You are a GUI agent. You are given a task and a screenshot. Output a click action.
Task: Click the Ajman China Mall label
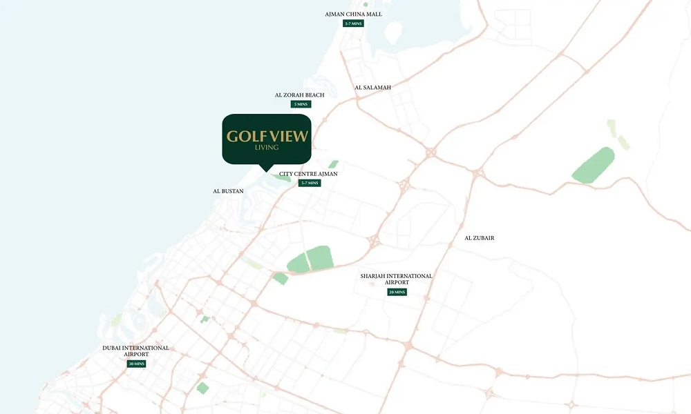[353, 14]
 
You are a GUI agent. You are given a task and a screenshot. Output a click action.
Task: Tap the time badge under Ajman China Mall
[353, 23]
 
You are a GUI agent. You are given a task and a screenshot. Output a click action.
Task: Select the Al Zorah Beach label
[299, 95]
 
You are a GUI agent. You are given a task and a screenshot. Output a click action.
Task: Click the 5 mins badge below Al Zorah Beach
[301, 104]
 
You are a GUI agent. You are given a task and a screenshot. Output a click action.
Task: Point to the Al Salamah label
[372, 88]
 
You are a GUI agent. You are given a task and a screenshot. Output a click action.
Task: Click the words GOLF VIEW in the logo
[267, 136]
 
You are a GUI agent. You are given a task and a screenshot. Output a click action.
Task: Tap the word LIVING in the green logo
[267, 148]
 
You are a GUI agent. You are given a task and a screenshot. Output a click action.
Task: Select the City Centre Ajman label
[308, 174]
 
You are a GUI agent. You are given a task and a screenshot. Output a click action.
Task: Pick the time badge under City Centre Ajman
[310, 183]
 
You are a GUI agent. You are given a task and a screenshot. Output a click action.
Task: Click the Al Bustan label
[228, 191]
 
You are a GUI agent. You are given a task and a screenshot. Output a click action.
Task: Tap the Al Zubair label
[479, 238]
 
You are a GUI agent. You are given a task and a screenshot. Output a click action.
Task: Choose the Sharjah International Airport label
[396, 279]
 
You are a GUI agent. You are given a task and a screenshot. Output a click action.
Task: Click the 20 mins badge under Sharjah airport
[397, 292]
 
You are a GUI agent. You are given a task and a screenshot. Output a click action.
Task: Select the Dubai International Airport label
[135, 351]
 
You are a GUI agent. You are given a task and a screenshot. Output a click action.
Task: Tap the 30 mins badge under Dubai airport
[136, 364]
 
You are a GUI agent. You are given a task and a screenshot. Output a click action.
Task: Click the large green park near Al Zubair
[594, 166]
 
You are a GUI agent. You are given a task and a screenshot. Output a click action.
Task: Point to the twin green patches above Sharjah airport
[310, 259]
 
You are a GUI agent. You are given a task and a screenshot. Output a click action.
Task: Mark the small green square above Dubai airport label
[205, 319]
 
